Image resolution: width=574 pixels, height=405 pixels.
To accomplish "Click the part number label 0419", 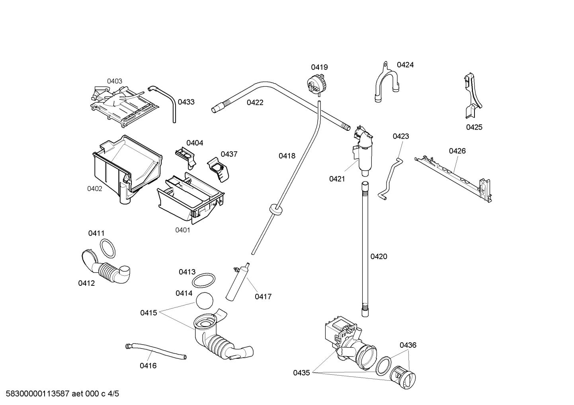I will pyautogui.click(x=319, y=67).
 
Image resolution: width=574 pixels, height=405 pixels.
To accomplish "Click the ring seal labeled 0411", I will pyautogui.click(x=107, y=248).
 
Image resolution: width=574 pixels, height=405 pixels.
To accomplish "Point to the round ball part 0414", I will pyautogui.click(x=205, y=300).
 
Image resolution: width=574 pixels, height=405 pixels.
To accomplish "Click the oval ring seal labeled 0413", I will pyautogui.click(x=204, y=280).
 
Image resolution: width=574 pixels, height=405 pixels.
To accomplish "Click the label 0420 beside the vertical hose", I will pyautogui.click(x=379, y=257).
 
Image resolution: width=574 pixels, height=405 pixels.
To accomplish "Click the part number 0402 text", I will pyautogui.click(x=95, y=189).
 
